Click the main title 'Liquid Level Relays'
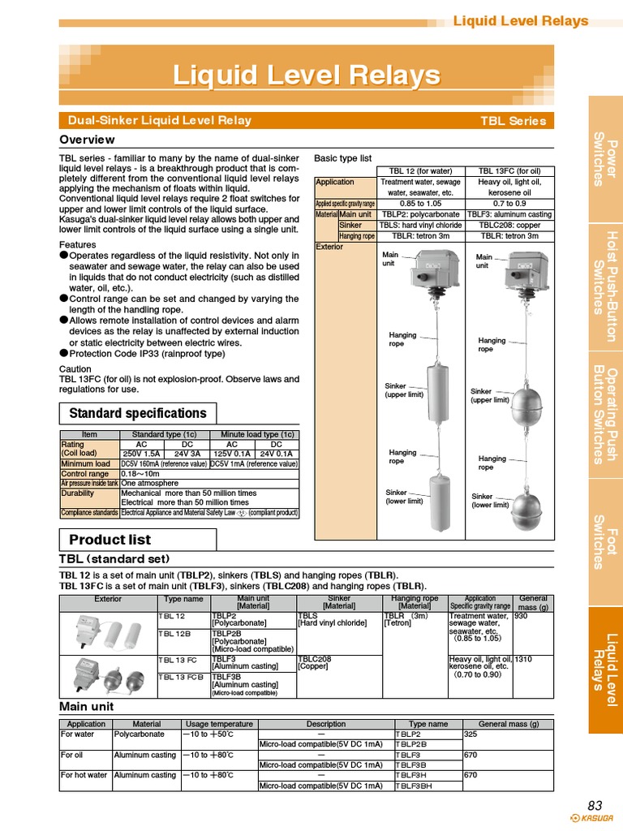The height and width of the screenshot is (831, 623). [x=306, y=76]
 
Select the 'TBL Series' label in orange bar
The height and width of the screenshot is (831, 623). [x=513, y=121]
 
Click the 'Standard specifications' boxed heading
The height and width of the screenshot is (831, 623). [x=137, y=413]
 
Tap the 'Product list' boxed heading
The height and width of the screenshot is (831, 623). [x=110, y=540]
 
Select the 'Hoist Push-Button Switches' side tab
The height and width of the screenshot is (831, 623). [x=605, y=285]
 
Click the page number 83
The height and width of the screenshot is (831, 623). [x=595, y=805]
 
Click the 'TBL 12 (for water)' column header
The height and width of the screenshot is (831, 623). [x=421, y=171]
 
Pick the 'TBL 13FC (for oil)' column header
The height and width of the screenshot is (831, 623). [x=509, y=171]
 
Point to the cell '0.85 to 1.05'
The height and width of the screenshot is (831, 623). [x=421, y=204]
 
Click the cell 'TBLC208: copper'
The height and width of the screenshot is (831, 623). [x=509, y=225]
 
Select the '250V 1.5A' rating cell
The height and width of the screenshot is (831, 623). [x=142, y=454]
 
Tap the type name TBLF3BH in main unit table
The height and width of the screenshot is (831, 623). [x=413, y=786]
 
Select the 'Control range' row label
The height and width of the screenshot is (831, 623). [x=84, y=474]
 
